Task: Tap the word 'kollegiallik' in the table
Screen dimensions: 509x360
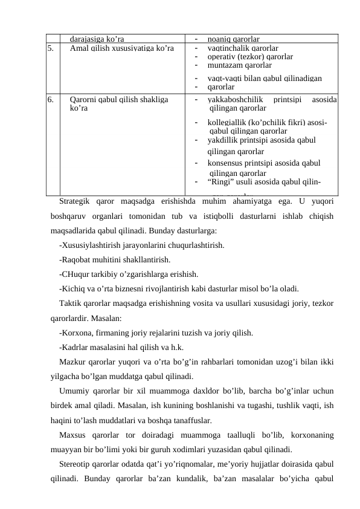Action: coord(226,122)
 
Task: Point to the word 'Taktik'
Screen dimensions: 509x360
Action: coord(71,303)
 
